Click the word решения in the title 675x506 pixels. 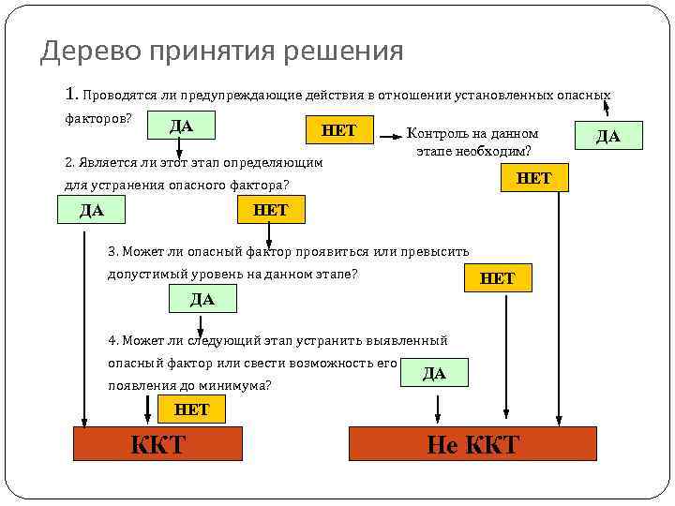click(348, 51)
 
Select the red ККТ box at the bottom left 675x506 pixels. click(157, 443)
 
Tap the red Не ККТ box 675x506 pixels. click(472, 443)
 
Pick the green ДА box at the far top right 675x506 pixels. click(607, 136)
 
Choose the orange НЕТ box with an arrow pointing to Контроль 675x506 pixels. click(338, 130)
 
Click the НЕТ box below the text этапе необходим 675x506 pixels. click(534, 177)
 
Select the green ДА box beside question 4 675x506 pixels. click(434, 373)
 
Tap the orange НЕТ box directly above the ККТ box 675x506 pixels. click(191, 409)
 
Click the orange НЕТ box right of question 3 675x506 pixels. click(497, 277)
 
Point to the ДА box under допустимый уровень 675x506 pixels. click(202, 299)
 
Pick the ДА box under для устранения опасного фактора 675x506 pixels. click(92, 210)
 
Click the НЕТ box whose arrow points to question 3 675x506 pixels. click(270, 210)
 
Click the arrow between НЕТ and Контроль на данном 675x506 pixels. click(387, 138)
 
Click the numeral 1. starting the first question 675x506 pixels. click(72, 95)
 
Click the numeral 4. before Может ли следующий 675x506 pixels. click(114, 340)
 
